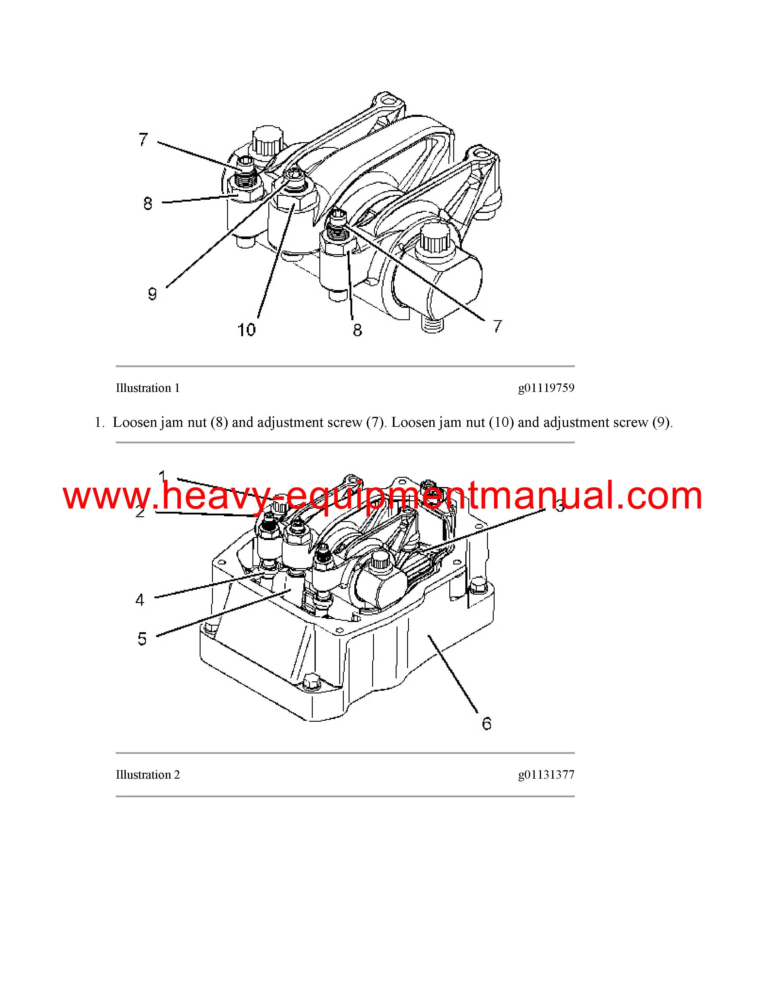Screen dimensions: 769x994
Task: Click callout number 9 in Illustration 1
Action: click(x=153, y=294)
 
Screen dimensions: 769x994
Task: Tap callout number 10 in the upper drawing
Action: click(x=246, y=330)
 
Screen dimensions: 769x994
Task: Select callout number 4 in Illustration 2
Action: click(x=140, y=600)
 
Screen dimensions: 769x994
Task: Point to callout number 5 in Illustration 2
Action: click(x=142, y=639)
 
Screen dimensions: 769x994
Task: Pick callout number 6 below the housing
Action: click(x=486, y=724)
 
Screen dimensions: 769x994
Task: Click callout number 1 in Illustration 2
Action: click(x=163, y=477)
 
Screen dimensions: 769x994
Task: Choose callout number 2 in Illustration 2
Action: click(x=140, y=511)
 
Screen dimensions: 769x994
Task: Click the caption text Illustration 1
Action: click(x=147, y=388)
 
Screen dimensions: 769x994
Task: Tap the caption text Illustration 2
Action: click(x=147, y=775)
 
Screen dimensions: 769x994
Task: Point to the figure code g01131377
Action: click(x=546, y=775)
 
